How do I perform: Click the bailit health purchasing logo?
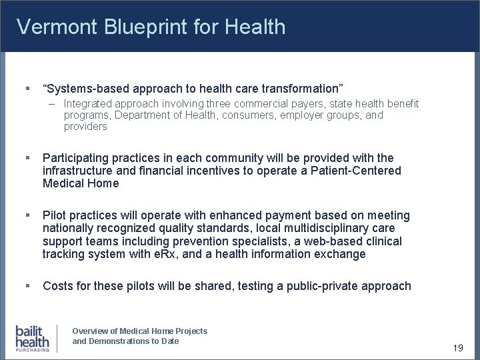click(x=33, y=338)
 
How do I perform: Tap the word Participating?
click(x=76, y=158)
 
